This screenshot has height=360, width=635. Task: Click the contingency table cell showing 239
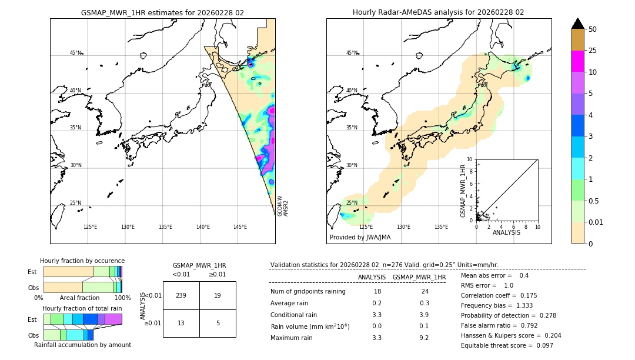(181, 295)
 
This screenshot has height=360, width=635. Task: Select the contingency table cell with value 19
(218, 295)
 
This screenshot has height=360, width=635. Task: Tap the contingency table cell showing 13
(181, 323)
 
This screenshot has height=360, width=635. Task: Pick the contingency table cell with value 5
(218, 323)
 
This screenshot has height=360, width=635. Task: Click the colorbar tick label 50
(593, 29)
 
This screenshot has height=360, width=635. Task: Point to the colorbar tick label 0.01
(596, 222)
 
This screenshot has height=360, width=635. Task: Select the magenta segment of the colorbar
(577, 61)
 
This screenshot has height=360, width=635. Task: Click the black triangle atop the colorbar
(577, 24)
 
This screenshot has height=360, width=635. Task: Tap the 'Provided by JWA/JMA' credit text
(360, 238)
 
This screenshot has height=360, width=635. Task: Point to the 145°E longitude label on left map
(240, 227)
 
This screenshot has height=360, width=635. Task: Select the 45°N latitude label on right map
(352, 53)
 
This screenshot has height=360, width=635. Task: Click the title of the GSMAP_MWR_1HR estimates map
(162, 12)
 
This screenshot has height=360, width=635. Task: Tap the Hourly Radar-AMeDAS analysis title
(439, 12)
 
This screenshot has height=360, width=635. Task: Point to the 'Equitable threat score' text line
(507, 345)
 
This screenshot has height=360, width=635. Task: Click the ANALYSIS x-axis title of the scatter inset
(506, 232)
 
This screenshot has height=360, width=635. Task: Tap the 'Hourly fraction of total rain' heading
(82, 308)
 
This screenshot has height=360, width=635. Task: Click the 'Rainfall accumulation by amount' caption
(82, 345)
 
